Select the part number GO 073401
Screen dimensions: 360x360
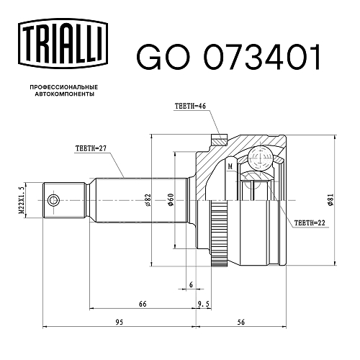228,57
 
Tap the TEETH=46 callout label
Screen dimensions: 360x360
190,106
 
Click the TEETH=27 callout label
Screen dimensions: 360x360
91,148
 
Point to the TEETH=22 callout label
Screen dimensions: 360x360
310,223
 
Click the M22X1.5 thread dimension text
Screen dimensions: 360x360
22,200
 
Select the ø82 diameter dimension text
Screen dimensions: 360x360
148,200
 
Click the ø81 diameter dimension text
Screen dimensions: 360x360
330,199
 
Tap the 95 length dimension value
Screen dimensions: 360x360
119,322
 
